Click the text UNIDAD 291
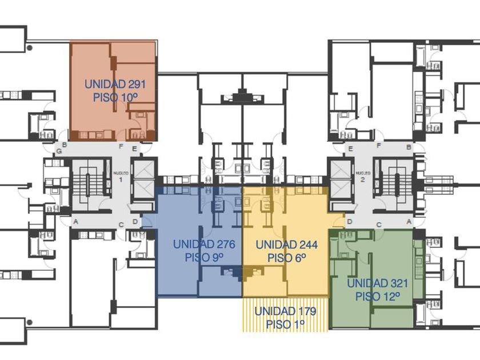pyautogui.click(x=115, y=84)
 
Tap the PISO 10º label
pyautogui.click(x=115, y=97)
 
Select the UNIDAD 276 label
pyautogui.click(x=204, y=245)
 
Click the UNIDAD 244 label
pyautogui.click(x=286, y=245)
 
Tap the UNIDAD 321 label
pyautogui.click(x=377, y=283)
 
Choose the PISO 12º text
pyautogui.click(x=377, y=297)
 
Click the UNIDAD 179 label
pyautogui.click(x=285, y=311)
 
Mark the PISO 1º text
pyautogui.click(x=285, y=325)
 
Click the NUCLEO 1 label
pyautogui.click(x=119, y=175)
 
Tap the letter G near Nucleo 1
pyautogui.click(x=57, y=153)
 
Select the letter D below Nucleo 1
pyautogui.click(x=135, y=222)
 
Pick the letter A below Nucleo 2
pyautogui.click(x=408, y=222)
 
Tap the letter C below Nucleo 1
pyautogui.click(x=121, y=225)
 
